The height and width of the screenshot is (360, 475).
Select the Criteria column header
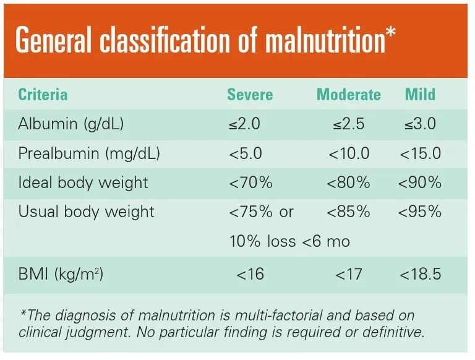pyautogui.click(x=43, y=95)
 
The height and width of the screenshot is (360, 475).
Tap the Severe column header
pyautogui.click(x=250, y=95)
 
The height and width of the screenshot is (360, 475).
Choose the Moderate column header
pyautogui.click(x=349, y=95)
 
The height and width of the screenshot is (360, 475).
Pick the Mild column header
pyautogui.click(x=420, y=95)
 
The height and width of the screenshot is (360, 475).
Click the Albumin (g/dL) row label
pyautogui.click(x=71, y=124)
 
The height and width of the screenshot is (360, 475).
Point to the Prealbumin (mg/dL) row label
pyautogui.click(x=89, y=153)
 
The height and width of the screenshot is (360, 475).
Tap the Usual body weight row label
pyautogui.click(x=86, y=212)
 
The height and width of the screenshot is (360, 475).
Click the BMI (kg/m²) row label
pyautogui.click(x=61, y=273)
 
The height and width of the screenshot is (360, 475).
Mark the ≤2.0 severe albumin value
pyautogui.click(x=244, y=124)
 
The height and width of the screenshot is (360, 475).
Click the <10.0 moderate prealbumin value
pyautogui.click(x=349, y=153)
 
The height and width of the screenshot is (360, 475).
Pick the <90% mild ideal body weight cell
pyautogui.click(x=420, y=182)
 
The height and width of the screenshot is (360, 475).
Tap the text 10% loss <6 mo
pyautogui.click(x=289, y=241)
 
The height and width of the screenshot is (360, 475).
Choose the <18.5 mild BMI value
pyautogui.click(x=420, y=273)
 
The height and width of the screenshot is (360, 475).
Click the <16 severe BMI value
pyautogui.click(x=250, y=273)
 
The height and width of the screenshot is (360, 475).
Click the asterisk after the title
pyautogui.click(x=390, y=32)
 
